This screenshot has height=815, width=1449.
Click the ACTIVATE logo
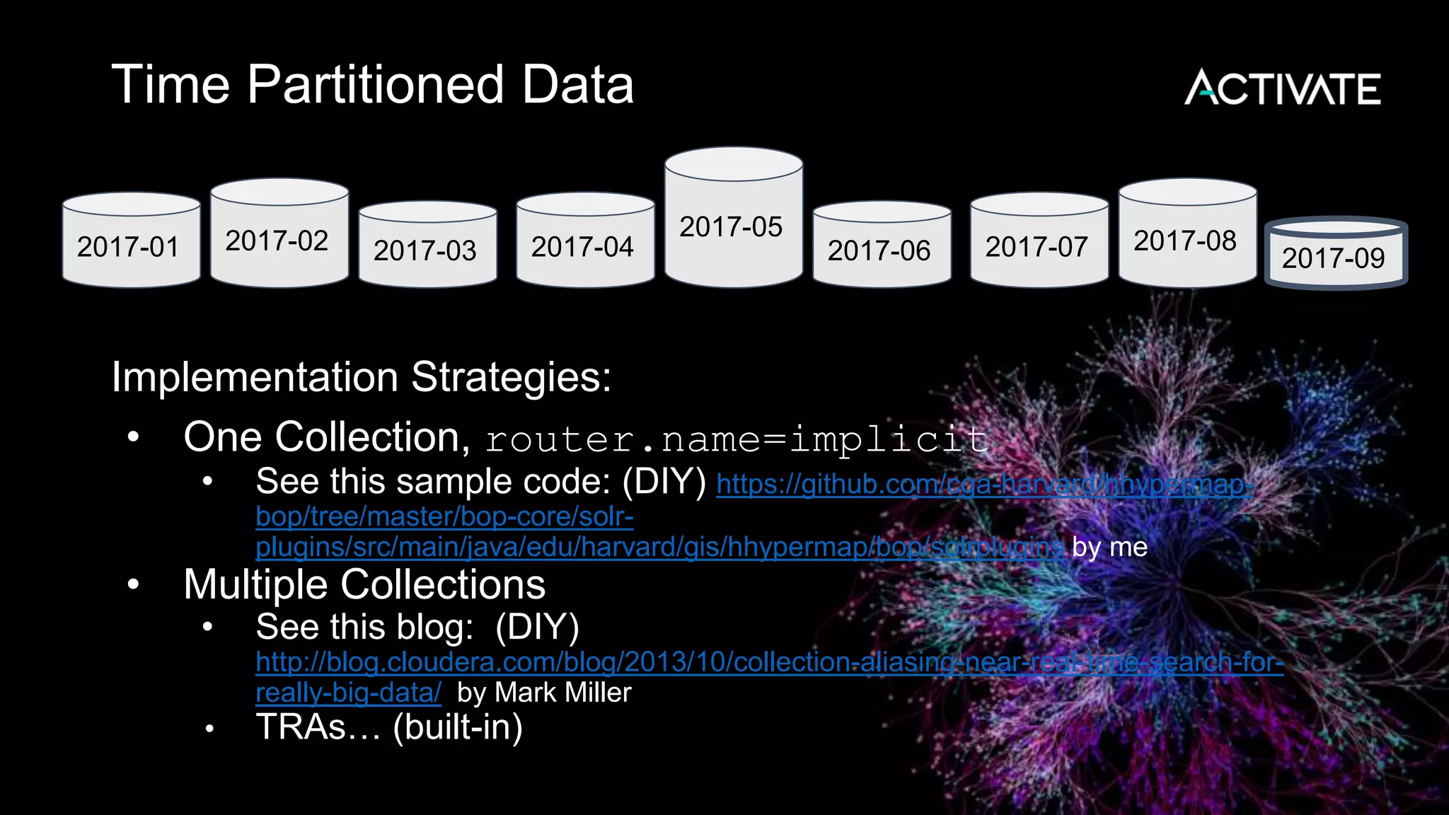coord(1282,88)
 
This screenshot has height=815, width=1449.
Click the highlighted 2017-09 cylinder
coord(1335,255)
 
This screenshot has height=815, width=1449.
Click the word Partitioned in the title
coord(375,85)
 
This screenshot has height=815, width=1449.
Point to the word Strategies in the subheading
coord(511,376)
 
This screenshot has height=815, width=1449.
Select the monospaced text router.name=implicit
coord(736,439)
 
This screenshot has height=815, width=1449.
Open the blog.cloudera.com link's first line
coord(769,662)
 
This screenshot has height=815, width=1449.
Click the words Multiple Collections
coord(364,584)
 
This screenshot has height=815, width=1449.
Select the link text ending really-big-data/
coord(348,693)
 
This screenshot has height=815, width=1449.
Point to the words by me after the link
coord(1109,547)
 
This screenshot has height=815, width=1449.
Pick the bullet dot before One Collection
coord(134,438)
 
